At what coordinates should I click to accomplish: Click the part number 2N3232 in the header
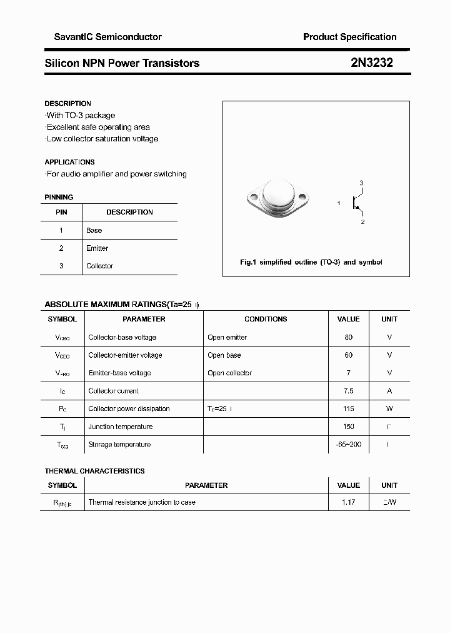(x=372, y=63)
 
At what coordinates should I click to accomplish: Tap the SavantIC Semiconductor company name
(x=103, y=37)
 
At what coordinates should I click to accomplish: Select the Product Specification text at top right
(x=349, y=37)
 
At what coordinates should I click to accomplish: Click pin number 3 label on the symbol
(x=361, y=183)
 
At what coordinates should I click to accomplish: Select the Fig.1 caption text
(x=311, y=262)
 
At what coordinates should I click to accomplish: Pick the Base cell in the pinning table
(x=94, y=230)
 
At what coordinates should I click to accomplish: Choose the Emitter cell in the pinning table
(x=97, y=248)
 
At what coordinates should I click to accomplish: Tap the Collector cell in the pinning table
(x=100, y=266)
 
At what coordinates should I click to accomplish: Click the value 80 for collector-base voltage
(x=348, y=337)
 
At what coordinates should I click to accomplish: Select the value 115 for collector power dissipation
(x=348, y=408)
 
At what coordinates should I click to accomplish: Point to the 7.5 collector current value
(x=348, y=391)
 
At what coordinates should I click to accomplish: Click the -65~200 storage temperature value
(x=348, y=444)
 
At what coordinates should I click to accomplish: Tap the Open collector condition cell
(x=229, y=373)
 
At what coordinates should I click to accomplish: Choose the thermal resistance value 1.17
(x=348, y=502)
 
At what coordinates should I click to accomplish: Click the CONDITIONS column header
(x=266, y=319)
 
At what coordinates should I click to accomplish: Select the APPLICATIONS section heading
(x=69, y=162)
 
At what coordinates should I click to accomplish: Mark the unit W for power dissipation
(x=389, y=408)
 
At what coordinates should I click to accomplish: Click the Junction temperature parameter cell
(x=121, y=427)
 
